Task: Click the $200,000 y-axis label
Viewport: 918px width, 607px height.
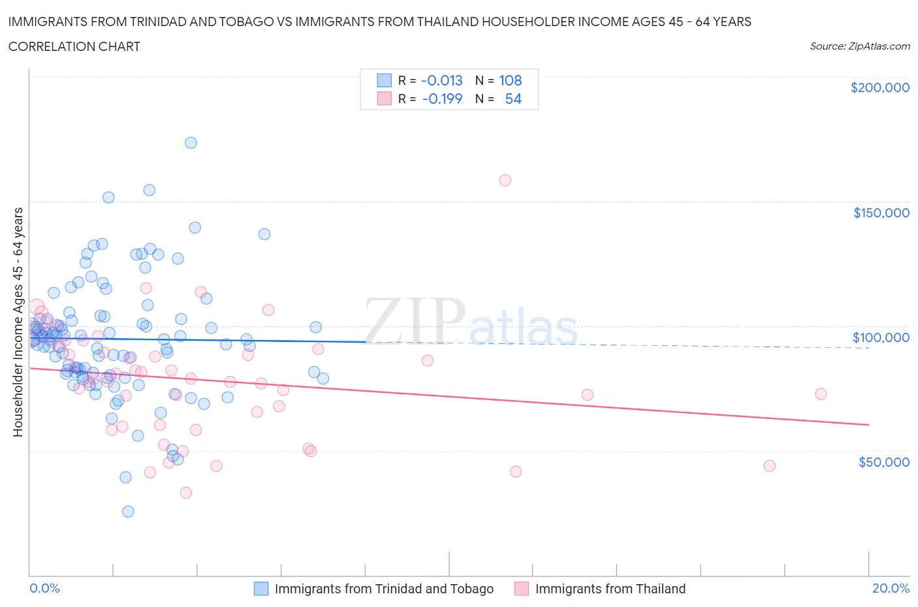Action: pyautogui.click(x=879, y=87)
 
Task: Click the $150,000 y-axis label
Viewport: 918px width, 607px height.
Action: pyautogui.click(x=881, y=213)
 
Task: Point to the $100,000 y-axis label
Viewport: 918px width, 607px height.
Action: pyautogui.click(x=881, y=337)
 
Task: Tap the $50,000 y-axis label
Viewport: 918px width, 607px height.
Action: pyautogui.click(x=883, y=462)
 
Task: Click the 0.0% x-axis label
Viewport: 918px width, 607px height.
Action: pyautogui.click(x=44, y=588)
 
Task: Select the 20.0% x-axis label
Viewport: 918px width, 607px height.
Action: pyautogui.click(x=891, y=588)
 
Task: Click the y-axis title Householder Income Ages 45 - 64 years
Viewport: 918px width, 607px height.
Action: pyautogui.click(x=18, y=322)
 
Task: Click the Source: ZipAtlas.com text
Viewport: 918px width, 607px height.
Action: pyautogui.click(x=859, y=46)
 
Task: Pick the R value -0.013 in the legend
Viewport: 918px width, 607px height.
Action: pyautogui.click(x=441, y=80)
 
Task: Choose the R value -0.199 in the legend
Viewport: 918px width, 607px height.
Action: pyautogui.click(x=442, y=99)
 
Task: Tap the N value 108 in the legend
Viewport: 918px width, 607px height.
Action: pyautogui.click(x=510, y=80)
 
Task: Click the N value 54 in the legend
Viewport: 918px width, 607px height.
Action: pyautogui.click(x=513, y=99)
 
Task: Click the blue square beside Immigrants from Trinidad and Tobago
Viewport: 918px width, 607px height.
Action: pyautogui.click(x=261, y=589)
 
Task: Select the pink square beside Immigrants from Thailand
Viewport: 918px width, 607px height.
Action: pyautogui.click(x=521, y=589)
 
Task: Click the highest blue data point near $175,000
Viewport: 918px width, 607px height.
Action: pyautogui.click(x=191, y=143)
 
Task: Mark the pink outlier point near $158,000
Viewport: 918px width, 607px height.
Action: pyautogui.click(x=505, y=180)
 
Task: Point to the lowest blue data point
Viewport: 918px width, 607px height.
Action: pyautogui.click(x=128, y=512)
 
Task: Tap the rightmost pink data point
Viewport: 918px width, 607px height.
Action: pyautogui.click(x=821, y=394)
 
